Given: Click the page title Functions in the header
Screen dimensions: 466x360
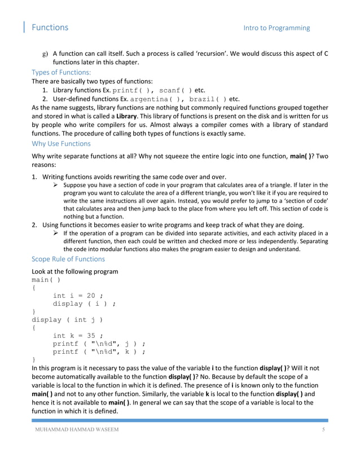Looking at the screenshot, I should click(50, 27).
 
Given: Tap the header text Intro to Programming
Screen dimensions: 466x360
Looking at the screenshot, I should click(276, 28).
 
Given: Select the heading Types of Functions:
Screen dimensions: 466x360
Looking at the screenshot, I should click(61, 72).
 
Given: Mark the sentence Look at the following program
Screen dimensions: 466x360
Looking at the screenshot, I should click(74, 271).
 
